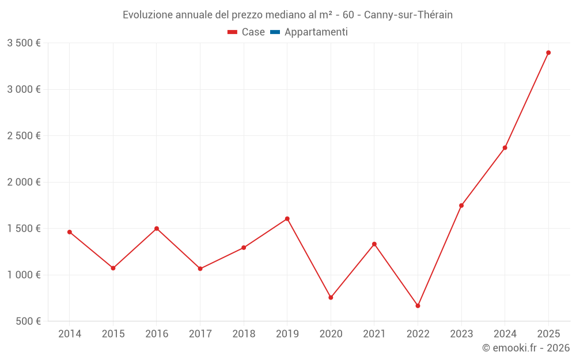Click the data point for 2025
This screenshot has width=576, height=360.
click(x=548, y=52)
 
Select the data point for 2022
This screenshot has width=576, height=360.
click(x=418, y=306)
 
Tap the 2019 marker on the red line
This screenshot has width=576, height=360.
click(x=287, y=219)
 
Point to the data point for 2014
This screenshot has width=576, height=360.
click(x=70, y=232)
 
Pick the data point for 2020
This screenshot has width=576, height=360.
click(x=331, y=298)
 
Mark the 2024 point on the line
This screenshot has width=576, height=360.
click(x=505, y=148)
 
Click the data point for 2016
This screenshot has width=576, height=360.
click(x=157, y=229)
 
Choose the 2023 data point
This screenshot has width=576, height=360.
click(x=461, y=206)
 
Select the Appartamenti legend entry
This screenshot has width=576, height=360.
click(x=316, y=32)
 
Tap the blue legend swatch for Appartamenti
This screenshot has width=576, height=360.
click(x=275, y=32)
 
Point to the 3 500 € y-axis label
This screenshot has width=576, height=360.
click(x=24, y=43)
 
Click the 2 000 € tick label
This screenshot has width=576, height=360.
click(x=24, y=182)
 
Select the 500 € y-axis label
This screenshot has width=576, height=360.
click(x=28, y=321)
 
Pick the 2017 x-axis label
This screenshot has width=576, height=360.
click(x=200, y=334)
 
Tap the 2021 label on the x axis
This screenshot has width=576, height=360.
click(x=374, y=334)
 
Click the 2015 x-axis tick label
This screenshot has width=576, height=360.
click(x=113, y=334)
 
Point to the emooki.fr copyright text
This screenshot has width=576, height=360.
click(x=526, y=348)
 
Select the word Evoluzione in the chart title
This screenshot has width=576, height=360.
click(x=147, y=15)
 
